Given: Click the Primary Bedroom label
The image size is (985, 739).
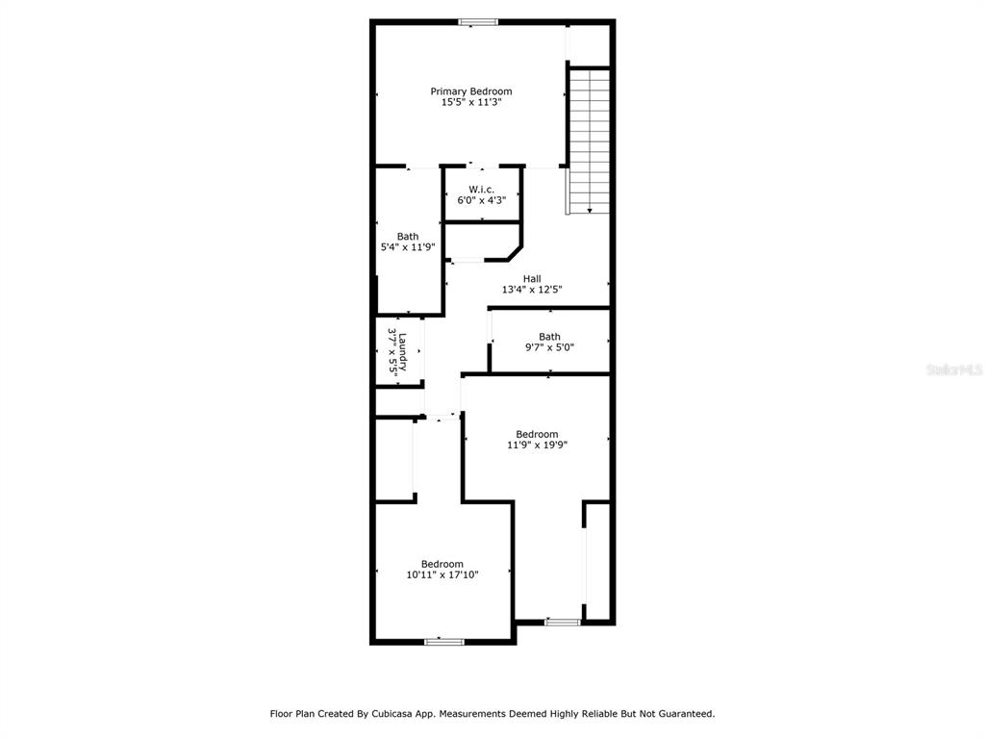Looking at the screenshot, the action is pos(471,91).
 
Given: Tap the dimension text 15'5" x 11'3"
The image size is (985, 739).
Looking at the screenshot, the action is pos(471,102).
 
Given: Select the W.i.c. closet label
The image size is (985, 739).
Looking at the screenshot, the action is pos(481,190).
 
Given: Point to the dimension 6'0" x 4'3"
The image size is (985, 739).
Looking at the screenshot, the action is pos(481,200).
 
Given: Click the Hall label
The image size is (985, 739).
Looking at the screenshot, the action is pos(532,278).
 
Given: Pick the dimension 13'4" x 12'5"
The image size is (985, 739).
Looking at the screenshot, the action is pos(532,290).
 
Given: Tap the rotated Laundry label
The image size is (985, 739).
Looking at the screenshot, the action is pos(403,352).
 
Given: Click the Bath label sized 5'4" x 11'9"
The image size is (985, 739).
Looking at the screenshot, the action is pos(408,237).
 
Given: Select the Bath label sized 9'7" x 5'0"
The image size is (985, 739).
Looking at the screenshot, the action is pos(549,337).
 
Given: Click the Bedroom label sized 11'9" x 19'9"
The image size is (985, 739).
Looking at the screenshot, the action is pos(537,434).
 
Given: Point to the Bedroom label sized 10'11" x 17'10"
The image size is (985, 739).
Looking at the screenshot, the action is pos(442,564).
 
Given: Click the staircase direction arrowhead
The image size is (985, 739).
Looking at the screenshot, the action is pos(590,211).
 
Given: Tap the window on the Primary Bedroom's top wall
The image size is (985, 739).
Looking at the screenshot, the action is pos(478,23).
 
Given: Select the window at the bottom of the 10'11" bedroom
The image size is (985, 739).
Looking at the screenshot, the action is pos(444,642).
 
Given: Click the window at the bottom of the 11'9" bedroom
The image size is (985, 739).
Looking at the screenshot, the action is pos(562,623).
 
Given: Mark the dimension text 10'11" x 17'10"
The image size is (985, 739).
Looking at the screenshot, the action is pos(442,575).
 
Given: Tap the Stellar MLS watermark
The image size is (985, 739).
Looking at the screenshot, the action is pos(954,369).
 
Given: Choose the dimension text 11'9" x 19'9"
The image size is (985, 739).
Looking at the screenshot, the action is pos(537,445).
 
